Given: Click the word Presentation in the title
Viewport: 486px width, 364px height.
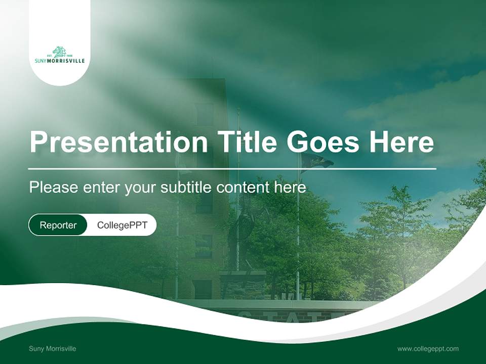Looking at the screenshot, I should point(118,142).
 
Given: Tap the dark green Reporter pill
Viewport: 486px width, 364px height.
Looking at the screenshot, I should point(58,225).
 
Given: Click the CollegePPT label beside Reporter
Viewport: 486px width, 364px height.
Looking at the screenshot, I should point(122,225).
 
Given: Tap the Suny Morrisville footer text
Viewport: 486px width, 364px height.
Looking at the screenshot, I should point(53,349).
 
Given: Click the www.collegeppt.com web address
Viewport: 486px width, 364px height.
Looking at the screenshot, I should point(428,349).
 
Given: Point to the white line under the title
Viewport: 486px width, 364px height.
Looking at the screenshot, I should point(232,169).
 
